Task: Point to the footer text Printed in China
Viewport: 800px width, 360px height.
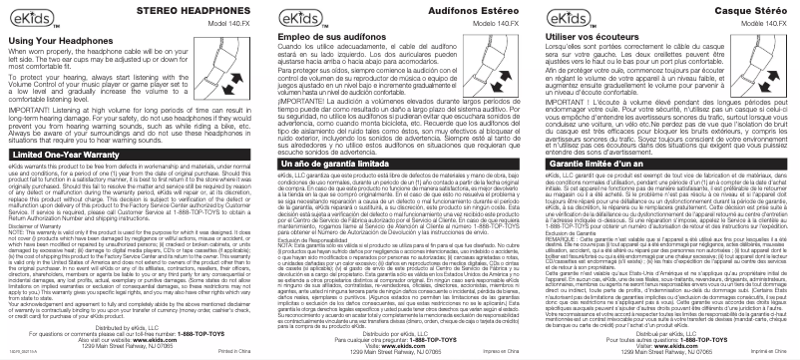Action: [x=236, y=352]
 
